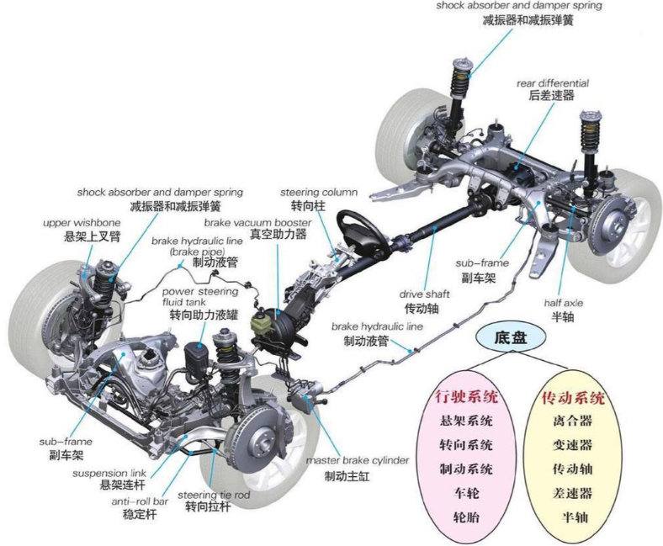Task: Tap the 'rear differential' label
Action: pos(552,83)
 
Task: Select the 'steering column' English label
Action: pos(319,193)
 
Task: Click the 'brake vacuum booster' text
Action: pos(258,222)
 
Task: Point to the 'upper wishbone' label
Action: pos(82,223)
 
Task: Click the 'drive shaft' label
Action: pos(424,294)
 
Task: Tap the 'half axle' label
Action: pos(563,303)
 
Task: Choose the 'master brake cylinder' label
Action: pos(358,460)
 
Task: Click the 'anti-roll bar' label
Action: pos(140,501)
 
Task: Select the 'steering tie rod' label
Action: pos(214,495)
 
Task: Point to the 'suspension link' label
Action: pos(109,474)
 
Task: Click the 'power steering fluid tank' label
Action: pos(200,297)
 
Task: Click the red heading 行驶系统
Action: pos(467,397)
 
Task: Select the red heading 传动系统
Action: pos(573,398)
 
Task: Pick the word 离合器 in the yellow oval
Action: pos(572,421)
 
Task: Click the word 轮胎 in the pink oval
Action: pos(466,517)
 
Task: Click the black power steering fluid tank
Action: pos(195,358)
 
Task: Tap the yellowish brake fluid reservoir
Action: pos(259,322)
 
